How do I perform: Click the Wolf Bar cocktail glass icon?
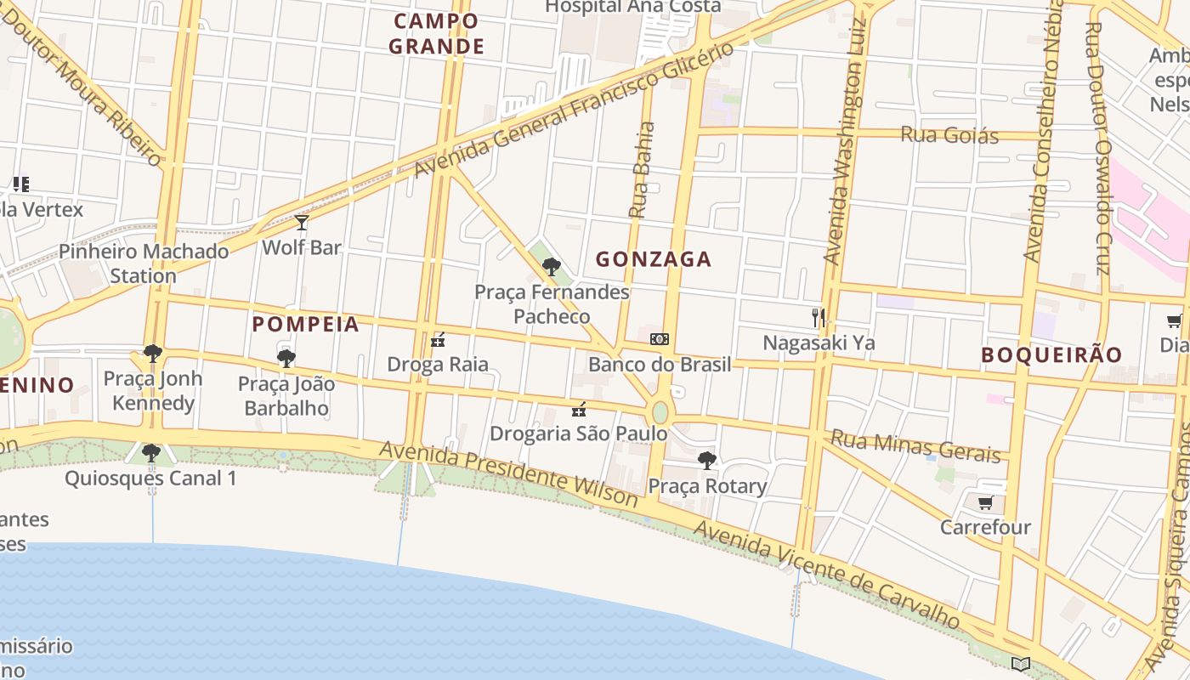click(x=301, y=223)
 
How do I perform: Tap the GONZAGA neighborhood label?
click(x=653, y=259)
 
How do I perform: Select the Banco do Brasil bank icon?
click(x=659, y=339)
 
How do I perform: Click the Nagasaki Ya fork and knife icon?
click(x=819, y=318)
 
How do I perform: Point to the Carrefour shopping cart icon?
click(x=985, y=502)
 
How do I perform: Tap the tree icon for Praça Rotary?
click(x=706, y=461)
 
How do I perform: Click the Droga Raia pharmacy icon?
click(x=438, y=340)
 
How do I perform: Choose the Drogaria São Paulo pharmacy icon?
click(x=579, y=409)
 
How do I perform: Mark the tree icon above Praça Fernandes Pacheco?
click(x=551, y=267)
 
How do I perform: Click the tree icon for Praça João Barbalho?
click(x=286, y=359)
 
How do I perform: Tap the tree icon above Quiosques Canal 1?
click(x=151, y=453)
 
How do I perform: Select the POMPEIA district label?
click(x=306, y=324)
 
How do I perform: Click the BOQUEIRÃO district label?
click(x=1051, y=355)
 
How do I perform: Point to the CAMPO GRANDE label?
click(x=437, y=34)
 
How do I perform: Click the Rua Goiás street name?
click(x=949, y=134)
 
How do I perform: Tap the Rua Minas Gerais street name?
click(x=915, y=446)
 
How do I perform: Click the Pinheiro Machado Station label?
click(x=144, y=263)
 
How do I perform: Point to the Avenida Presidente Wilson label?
click(x=507, y=474)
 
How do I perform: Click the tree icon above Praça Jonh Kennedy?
click(x=153, y=353)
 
